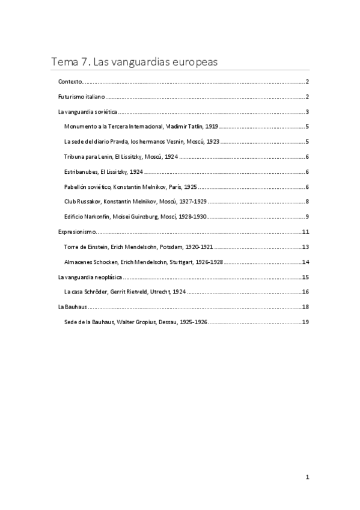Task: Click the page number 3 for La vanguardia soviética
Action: [307, 112]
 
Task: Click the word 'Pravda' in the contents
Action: [124, 142]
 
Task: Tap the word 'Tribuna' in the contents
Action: [75, 157]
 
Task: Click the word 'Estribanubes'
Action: [81, 171]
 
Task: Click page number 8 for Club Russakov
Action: [307, 201]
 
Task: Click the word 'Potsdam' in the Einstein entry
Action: [174, 247]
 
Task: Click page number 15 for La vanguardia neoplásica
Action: [305, 277]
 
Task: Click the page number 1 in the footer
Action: [307, 478]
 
